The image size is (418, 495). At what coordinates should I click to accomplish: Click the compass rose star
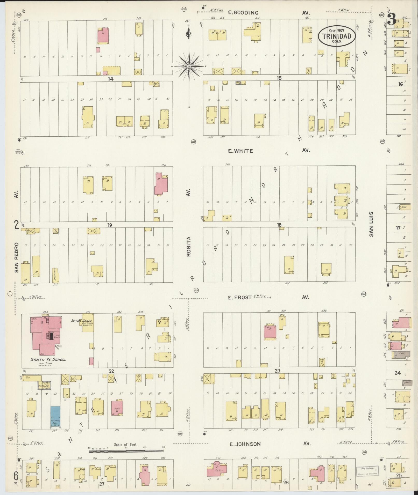click(x=189, y=66)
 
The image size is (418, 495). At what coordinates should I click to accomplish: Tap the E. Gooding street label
click(x=243, y=13)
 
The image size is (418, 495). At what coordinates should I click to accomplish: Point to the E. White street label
click(x=240, y=151)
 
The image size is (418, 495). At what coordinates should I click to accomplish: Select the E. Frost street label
click(x=240, y=298)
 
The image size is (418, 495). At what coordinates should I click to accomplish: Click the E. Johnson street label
click(x=245, y=444)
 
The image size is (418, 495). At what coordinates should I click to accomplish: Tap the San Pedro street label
click(x=17, y=257)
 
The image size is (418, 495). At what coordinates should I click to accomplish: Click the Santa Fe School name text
click(x=48, y=359)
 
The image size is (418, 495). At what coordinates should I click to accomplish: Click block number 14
click(x=111, y=79)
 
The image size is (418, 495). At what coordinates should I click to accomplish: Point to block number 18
click(x=279, y=225)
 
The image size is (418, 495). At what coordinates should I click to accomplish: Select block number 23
click(x=278, y=371)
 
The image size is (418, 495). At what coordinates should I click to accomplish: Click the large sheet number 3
click(x=391, y=19)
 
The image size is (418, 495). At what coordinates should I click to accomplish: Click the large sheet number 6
click(x=16, y=475)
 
